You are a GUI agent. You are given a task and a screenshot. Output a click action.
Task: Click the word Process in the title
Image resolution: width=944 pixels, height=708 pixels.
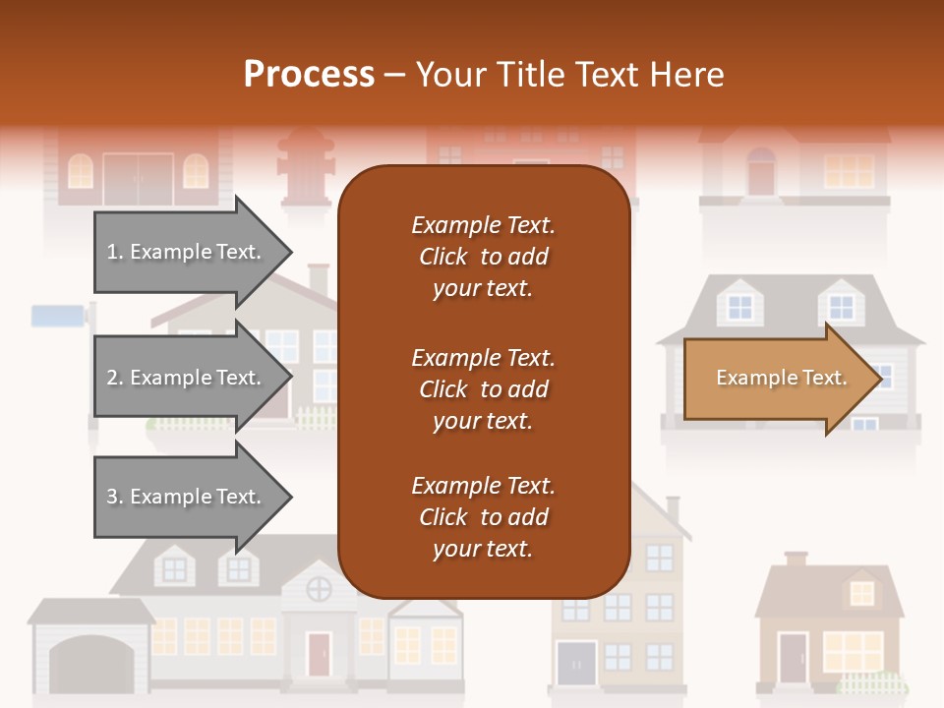point(309,75)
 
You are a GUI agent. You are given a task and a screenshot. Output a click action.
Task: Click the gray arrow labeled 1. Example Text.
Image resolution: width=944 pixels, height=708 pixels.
point(187,252)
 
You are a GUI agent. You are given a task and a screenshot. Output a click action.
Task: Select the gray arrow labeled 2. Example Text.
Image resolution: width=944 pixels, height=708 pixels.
point(187,378)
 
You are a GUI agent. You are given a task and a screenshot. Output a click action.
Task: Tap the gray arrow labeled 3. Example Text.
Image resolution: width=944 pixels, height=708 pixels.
point(187,497)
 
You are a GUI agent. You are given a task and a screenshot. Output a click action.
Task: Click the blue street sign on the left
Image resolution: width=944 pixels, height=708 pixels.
point(58,316)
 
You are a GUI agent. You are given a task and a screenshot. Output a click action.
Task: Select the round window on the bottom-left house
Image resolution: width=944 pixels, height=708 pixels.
point(319,590)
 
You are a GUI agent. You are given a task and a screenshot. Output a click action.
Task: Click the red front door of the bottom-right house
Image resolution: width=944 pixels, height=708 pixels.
point(792,658)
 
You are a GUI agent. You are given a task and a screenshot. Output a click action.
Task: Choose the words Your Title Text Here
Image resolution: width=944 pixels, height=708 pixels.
point(570,75)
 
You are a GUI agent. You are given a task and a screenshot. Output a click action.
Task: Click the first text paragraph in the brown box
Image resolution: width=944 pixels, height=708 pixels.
point(483,257)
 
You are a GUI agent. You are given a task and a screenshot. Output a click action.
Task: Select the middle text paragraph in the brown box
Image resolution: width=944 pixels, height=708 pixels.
point(483,389)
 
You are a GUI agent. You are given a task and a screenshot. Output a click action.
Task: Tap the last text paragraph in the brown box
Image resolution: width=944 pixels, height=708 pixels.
point(483,517)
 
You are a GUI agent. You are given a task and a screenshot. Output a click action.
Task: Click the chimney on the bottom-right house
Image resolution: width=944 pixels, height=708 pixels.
point(795,559)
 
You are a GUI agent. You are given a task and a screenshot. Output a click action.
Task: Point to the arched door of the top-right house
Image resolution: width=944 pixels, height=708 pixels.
point(761,172)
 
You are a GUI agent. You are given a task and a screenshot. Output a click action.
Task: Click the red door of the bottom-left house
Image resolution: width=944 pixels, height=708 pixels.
point(319,655)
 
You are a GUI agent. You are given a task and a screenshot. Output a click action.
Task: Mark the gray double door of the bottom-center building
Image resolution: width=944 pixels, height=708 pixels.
point(576,663)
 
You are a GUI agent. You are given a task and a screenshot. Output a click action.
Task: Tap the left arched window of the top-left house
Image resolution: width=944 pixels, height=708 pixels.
point(81,172)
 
